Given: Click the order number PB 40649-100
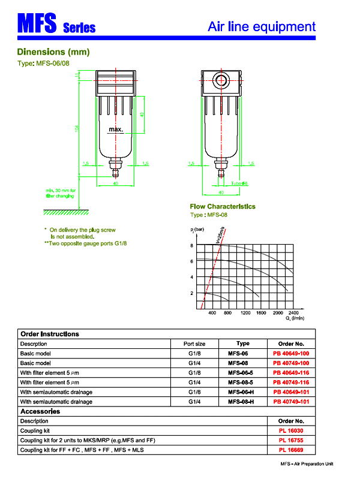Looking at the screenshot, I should [x=291, y=354].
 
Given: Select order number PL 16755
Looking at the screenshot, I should [x=291, y=441].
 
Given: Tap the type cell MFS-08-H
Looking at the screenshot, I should [x=242, y=402].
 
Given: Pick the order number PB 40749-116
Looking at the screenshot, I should [x=291, y=382].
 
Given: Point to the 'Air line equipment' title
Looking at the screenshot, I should [x=261, y=26].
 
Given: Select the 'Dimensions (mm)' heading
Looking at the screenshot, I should [x=53, y=52].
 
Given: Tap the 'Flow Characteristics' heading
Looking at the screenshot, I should [x=223, y=207].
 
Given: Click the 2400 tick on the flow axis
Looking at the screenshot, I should [x=293, y=314].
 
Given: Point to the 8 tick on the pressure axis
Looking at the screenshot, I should [x=192, y=246].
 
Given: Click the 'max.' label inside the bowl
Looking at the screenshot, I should [x=116, y=129].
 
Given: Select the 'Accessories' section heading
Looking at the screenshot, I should [x=40, y=412].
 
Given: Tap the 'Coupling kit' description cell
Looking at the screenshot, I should [x=35, y=431].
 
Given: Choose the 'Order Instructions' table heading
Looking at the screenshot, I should [x=50, y=334].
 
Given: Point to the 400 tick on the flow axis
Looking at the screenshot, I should [x=211, y=314].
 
